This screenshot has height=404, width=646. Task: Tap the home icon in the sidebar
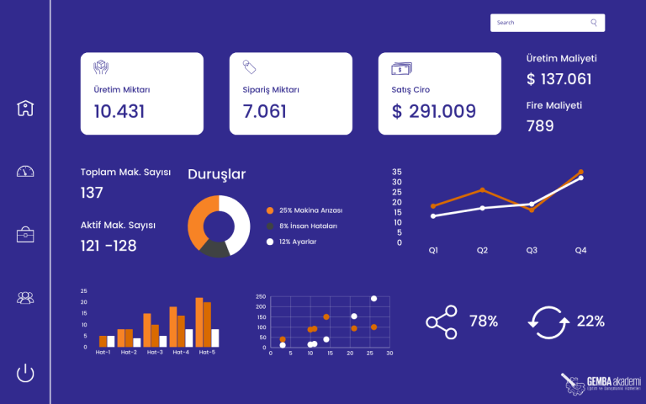click(25, 108)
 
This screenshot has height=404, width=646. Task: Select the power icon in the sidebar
click(25, 373)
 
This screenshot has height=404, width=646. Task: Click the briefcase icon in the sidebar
click(25, 235)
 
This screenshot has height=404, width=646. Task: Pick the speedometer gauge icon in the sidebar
click(25, 172)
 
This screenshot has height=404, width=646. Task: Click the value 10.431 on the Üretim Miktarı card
click(119, 111)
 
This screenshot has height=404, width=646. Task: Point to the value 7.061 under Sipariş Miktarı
click(264, 111)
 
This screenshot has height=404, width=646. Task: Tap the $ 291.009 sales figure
click(434, 111)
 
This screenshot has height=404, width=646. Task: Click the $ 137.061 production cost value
click(559, 79)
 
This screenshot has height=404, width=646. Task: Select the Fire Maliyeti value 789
click(540, 126)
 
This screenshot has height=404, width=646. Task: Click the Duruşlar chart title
click(216, 175)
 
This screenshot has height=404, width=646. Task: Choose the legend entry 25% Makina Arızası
click(310, 210)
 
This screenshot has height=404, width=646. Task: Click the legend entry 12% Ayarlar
click(298, 242)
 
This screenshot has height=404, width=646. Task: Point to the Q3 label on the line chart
click(532, 250)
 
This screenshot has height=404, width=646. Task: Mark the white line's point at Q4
click(580, 178)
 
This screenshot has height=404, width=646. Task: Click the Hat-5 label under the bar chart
click(207, 352)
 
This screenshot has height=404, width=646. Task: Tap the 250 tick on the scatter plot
click(261, 297)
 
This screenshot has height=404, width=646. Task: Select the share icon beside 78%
click(441, 322)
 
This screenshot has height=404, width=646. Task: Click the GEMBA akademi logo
click(601, 383)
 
